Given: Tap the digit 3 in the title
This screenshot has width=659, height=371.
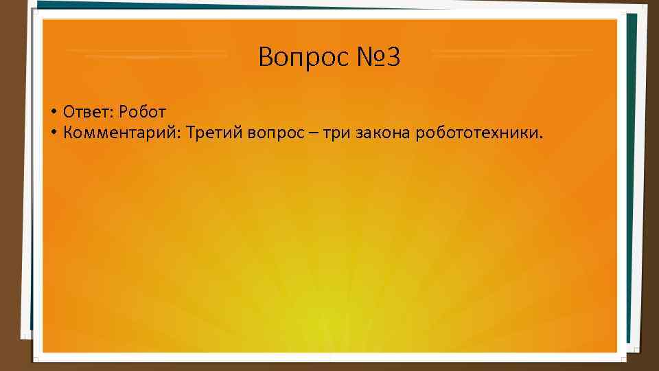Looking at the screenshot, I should pyautogui.click(x=392, y=58).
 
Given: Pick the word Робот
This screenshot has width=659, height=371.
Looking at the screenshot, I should pyautogui.click(x=142, y=111).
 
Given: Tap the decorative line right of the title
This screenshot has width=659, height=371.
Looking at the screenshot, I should pyautogui.click(x=511, y=52).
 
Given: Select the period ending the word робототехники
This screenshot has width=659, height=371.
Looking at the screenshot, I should pyautogui.click(x=540, y=136).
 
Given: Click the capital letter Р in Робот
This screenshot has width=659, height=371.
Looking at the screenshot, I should pyautogui.click(x=124, y=111).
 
